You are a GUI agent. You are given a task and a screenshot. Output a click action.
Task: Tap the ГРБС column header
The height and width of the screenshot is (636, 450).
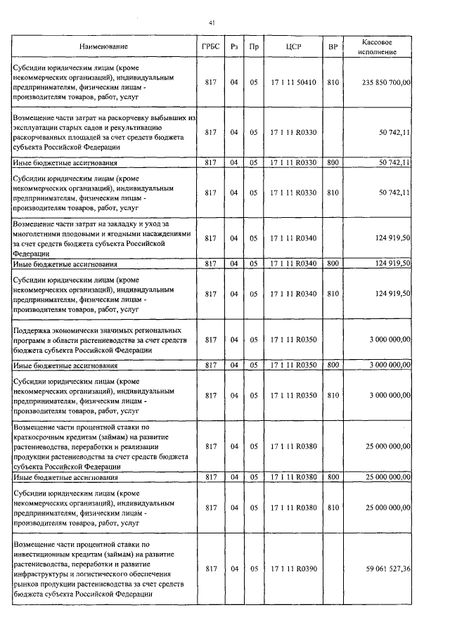(210, 47)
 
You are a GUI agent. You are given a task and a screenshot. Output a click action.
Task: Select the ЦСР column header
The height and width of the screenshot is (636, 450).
(293, 47)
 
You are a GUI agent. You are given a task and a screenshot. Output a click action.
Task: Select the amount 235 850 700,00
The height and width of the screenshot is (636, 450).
(380, 82)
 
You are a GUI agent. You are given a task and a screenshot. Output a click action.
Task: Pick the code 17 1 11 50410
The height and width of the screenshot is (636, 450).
(293, 82)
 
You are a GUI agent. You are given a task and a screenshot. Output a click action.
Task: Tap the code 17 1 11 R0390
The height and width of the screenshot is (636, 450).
(293, 569)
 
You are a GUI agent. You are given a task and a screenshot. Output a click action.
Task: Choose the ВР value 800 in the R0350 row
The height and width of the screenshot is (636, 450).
(333, 365)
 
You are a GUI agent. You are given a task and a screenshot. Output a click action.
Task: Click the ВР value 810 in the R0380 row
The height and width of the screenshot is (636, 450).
(333, 505)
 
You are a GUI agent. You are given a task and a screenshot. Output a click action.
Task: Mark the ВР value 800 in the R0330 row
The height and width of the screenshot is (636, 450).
(333, 162)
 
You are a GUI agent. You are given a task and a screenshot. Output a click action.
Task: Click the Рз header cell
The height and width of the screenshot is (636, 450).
(234, 47)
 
